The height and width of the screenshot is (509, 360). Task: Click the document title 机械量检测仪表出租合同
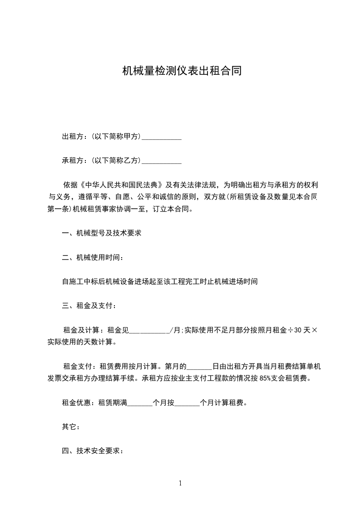click(x=180, y=71)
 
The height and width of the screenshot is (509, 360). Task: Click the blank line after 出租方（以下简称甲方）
click(x=162, y=137)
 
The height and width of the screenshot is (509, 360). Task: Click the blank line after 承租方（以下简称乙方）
click(x=162, y=161)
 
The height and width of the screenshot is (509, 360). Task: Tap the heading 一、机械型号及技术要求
click(x=102, y=233)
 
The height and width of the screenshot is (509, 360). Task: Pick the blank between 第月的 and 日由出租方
click(x=199, y=366)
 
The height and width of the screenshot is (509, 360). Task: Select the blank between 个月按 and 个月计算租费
click(x=187, y=402)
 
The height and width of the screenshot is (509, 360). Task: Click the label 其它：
click(x=71, y=426)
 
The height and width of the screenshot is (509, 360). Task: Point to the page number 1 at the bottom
click(x=180, y=483)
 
